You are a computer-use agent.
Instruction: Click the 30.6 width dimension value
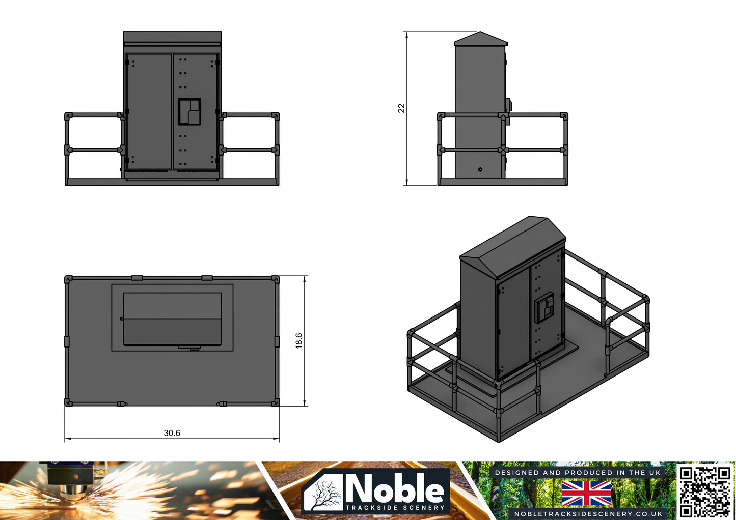pyautogui.click(x=172, y=433)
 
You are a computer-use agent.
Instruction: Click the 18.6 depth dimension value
pyautogui.click(x=299, y=340)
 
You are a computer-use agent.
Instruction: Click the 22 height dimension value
pyautogui.click(x=401, y=108)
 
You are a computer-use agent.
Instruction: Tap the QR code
pyautogui.click(x=705, y=491)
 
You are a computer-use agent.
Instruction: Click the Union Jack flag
pyautogui.click(x=586, y=493)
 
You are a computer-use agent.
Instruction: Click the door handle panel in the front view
pyautogui.click(x=189, y=111)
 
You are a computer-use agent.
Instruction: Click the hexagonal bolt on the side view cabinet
pyautogui.click(x=480, y=169)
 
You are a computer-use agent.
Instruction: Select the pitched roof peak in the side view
pyautogui.click(x=480, y=34)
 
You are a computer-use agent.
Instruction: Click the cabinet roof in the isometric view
pyautogui.click(x=512, y=244)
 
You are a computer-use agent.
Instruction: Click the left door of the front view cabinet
pyautogui.click(x=149, y=111)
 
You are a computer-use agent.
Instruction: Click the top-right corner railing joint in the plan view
pyautogui.click(x=276, y=279)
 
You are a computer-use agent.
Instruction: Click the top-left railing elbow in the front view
pyautogui.click(x=68, y=116)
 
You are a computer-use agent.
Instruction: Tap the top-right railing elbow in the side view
pyautogui.click(x=564, y=116)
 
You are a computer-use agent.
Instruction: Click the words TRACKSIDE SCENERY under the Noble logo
pyautogui.click(x=395, y=507)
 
